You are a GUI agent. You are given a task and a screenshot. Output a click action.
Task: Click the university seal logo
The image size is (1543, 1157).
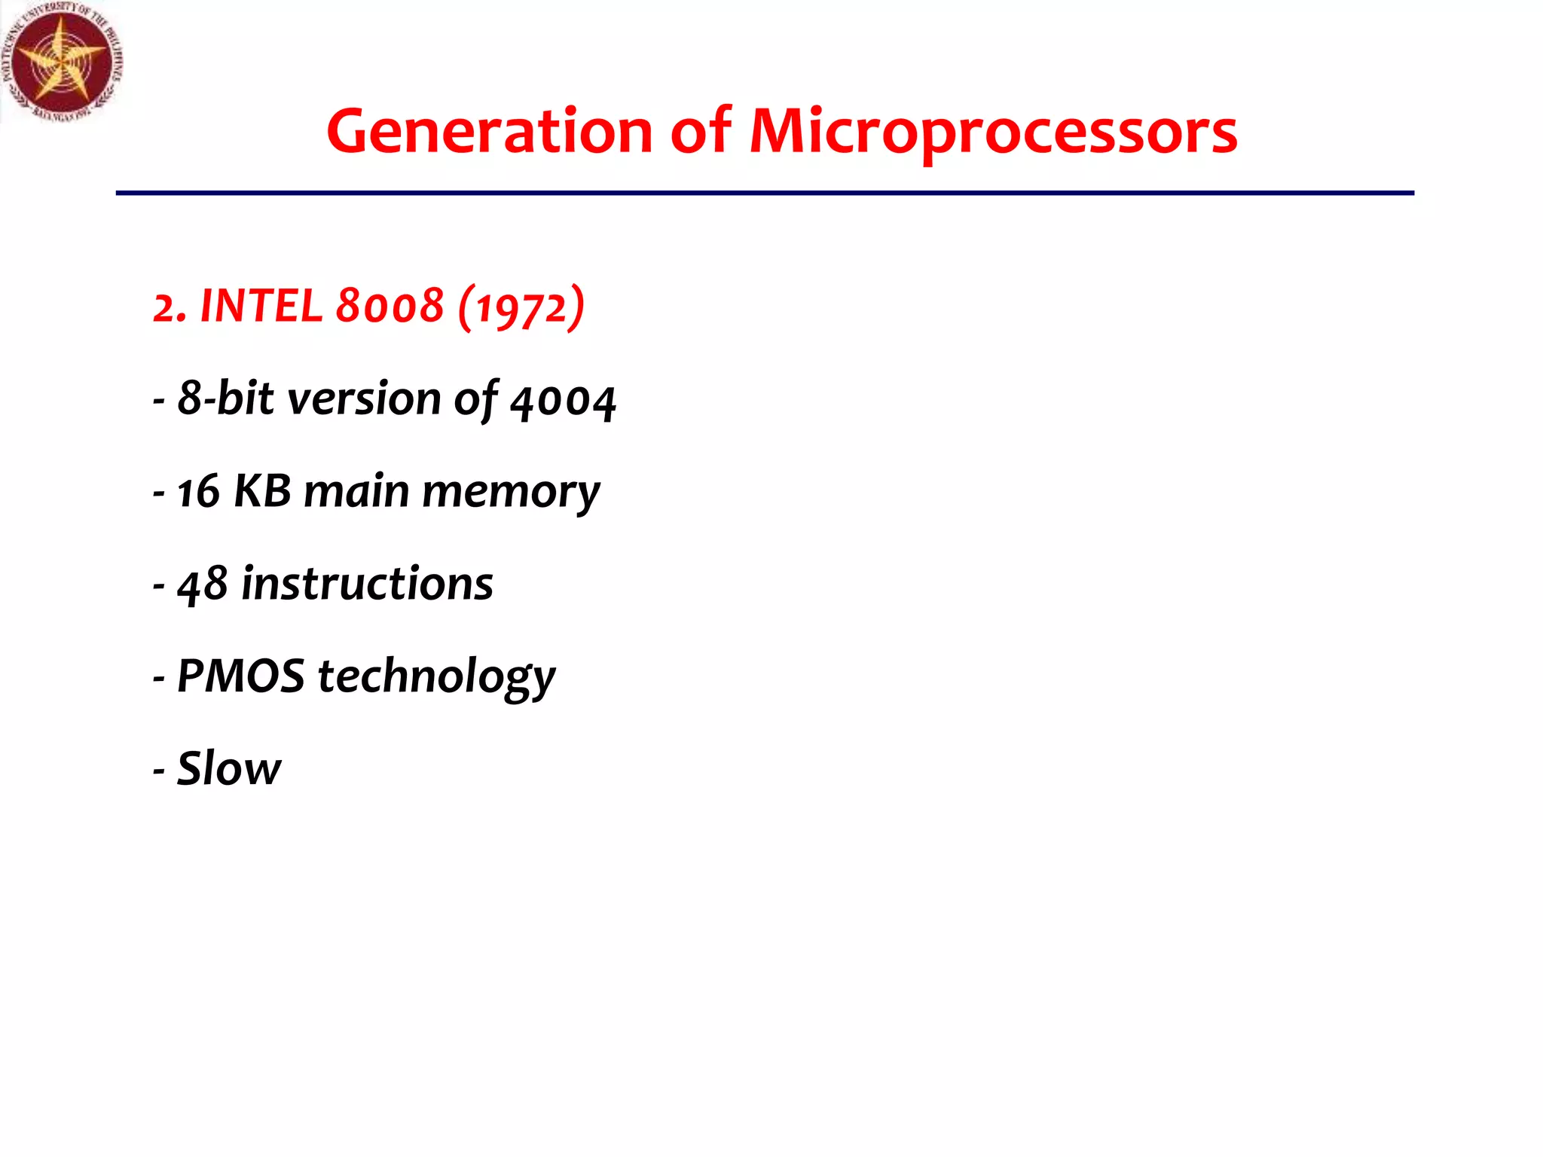coord(62,62)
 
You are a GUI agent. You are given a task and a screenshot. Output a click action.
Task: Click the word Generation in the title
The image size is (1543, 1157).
coord(489,132)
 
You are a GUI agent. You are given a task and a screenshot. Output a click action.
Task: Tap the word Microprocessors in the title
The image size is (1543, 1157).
coord(992,132)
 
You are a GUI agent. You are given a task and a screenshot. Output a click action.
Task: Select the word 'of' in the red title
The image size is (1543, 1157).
coord(700,132)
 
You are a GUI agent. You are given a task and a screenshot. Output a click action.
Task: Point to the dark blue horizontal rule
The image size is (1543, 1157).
coord(764,194)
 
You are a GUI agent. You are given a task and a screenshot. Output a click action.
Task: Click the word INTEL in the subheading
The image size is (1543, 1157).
coord(261,307)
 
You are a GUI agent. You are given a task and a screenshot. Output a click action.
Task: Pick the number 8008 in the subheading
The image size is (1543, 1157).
coord(390,307)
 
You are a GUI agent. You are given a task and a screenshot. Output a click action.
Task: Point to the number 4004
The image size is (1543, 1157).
coord(563,401)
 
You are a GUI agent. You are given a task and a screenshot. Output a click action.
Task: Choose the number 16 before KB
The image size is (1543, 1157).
coord(198,492)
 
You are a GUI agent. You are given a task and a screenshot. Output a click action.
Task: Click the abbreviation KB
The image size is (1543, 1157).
coord(262,491)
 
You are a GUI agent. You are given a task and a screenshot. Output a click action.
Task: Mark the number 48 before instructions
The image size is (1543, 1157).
coord(202,585)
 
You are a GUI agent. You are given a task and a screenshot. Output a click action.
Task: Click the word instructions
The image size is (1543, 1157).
coord(367,584)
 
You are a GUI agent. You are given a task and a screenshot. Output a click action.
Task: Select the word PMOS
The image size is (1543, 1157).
coord(240,676)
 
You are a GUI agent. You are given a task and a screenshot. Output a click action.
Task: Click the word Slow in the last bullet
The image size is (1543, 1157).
coord(228,768)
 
